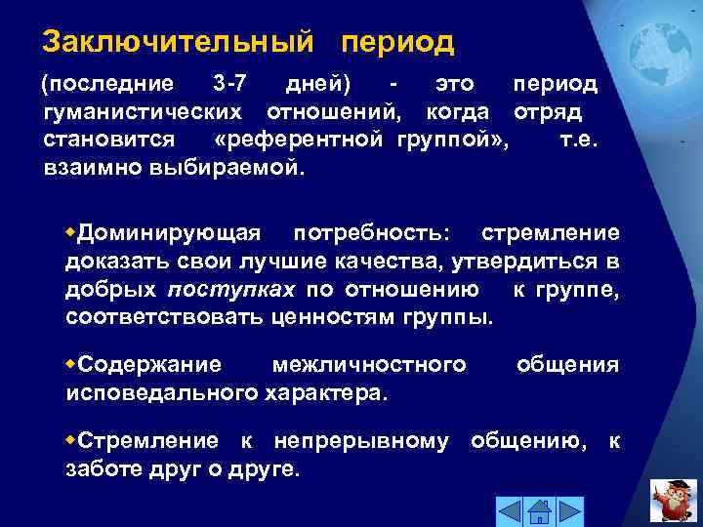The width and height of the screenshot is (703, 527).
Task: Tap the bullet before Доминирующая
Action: pos(70,231)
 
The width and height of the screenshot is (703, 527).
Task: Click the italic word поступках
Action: pos(231,290)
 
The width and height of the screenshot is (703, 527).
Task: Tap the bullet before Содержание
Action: pos(70,363)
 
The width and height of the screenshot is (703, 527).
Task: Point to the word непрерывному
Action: pos(361,441)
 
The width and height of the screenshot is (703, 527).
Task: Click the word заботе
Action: pos(98,469)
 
